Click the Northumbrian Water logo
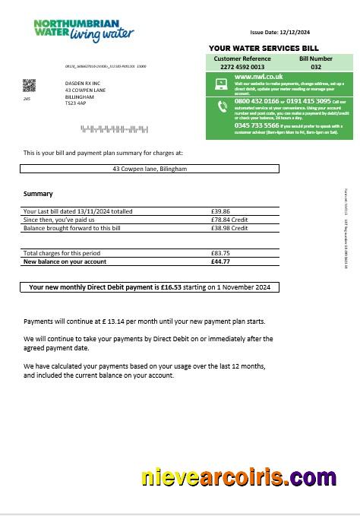[84, 30]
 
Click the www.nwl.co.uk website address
[259, 77]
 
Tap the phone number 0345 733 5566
[256, 125]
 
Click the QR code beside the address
[29, 85]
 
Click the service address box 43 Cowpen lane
[150, 169]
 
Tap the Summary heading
[38, 194]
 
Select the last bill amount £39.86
[220, 211]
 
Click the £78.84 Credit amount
[229, 220]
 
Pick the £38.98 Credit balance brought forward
[229, 228]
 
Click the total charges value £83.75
[220, 253]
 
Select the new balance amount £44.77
[220, 261]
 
